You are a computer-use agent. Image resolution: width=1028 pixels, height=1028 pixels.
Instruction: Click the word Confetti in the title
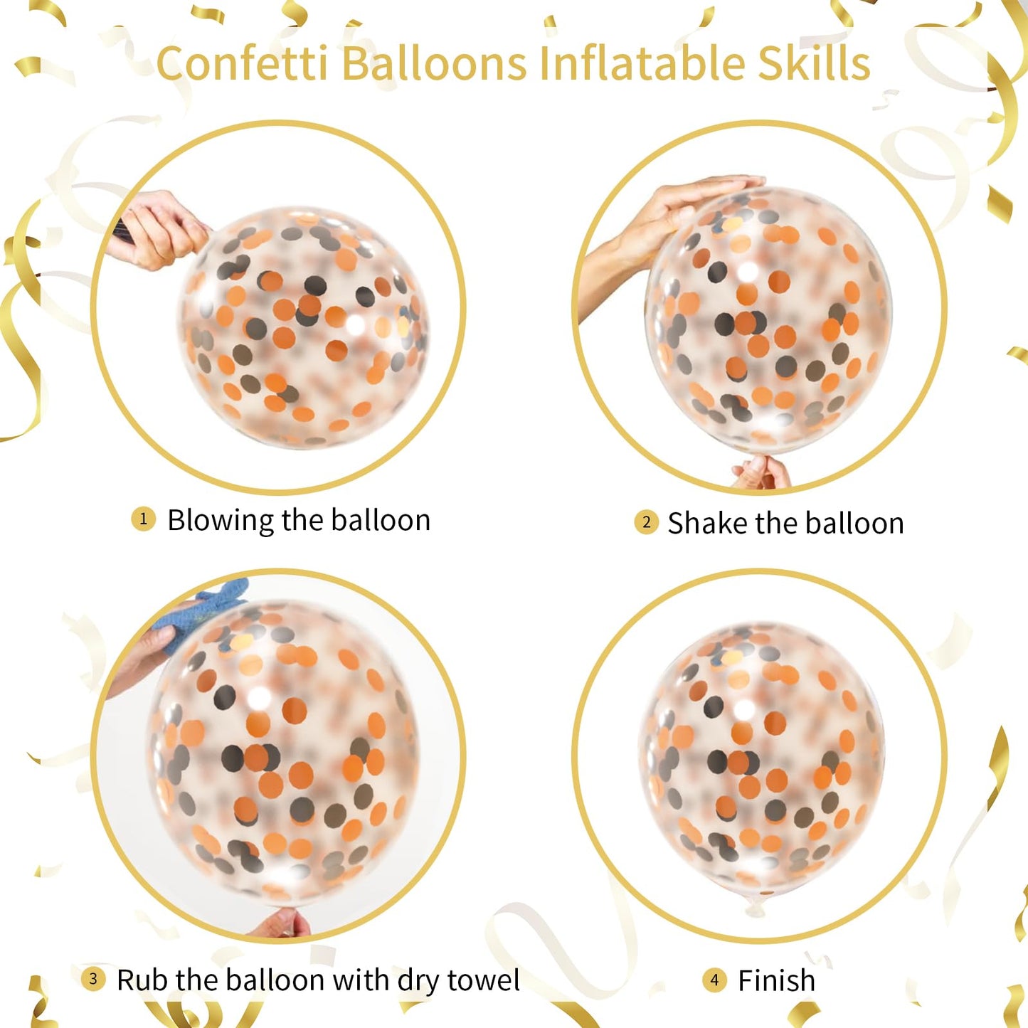tap(242, 63)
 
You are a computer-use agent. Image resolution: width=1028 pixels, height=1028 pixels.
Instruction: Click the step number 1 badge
tap(143, 519)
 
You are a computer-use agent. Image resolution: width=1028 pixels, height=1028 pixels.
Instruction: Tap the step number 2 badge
tap(646, 522)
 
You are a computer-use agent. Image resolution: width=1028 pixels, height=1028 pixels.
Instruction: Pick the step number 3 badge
tap(92, 978)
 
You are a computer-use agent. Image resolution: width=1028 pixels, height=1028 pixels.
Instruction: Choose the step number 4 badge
tap(714, 980)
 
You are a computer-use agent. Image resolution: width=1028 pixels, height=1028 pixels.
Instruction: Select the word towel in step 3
tap(483, 980)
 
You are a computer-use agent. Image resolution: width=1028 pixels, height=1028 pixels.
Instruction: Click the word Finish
tap(776, 981)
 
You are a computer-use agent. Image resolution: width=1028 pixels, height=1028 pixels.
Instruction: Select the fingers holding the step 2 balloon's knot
tap(761, 472)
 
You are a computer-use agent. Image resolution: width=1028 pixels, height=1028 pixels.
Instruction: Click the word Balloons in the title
tap(434, 63)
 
